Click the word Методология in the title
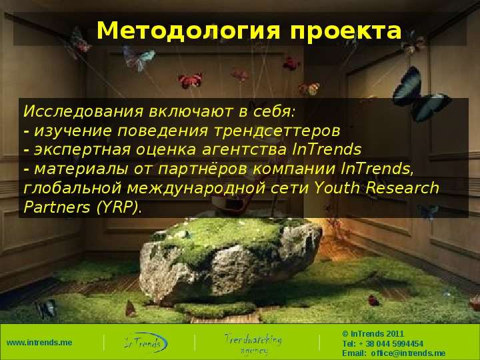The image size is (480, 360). point(188,31)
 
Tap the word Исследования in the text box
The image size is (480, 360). point(83,111)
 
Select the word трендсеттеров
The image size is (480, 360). point(277,131)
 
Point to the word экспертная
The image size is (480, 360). point(83,150)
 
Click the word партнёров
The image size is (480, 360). point(203,169)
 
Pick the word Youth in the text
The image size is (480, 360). point(337,187)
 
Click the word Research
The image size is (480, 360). point(402,187)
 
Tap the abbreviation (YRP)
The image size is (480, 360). point(117,207)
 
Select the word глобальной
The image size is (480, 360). point(73,187)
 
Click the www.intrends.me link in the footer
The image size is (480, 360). point(39,343)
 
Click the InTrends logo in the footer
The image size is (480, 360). point(146,343)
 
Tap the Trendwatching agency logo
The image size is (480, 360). point(253,344)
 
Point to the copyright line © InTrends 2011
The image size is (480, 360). point(373,334)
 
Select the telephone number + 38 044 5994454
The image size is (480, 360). point(394,344)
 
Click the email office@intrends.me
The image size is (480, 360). point(408,353)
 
